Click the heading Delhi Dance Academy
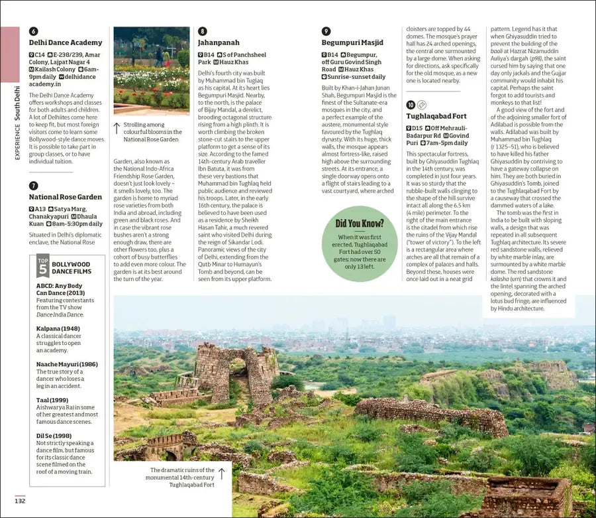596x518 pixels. tap(66, 42)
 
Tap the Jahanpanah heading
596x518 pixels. tap(219, 42)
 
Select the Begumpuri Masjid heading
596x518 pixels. tap(352, 42)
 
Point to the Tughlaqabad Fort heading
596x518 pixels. tap(436, 116)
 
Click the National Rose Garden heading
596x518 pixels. tap(66, 197)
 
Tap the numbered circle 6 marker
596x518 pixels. tap(34, 31)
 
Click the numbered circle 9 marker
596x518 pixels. tap(326, 31)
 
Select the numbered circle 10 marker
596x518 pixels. tap(411, 105)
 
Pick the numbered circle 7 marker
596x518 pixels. tap(34, 186)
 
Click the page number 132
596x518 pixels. tap(20, 501)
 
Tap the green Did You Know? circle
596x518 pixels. tap(359, 243)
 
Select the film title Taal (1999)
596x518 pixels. tap(52, 401)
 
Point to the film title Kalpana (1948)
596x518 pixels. tap(58, 328)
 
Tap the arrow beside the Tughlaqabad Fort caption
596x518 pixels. tap(222, 473)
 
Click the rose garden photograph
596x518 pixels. tap(151, 69)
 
